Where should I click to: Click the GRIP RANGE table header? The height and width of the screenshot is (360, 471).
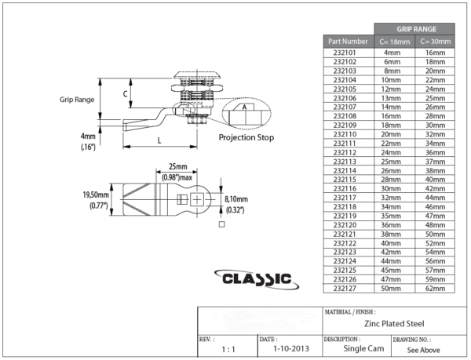click(414, 28)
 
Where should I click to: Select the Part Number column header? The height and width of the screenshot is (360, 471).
click(349, 41)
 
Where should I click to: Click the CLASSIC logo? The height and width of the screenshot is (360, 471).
click(256, 279)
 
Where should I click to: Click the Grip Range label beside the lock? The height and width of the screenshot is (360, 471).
click(77, 100)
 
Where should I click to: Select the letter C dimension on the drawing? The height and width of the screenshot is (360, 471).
click(126, 93)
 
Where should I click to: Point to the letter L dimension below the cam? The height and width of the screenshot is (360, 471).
click(159, 140)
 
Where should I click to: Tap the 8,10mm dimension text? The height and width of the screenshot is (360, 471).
click(236, 199)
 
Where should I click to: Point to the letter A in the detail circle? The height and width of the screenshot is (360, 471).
click(244, 107)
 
